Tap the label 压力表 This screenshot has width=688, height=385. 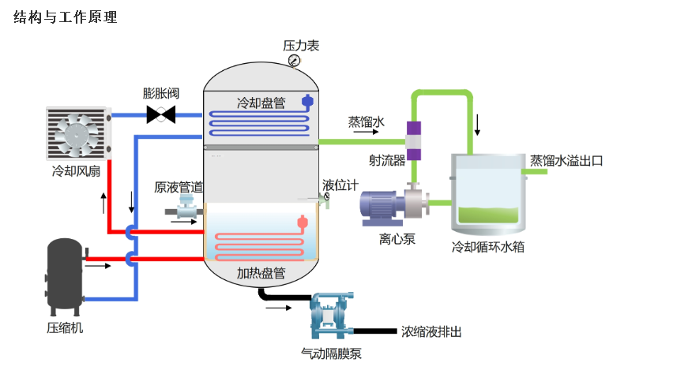click(x=301, y=46)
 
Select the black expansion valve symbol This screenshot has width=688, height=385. click(x=162, y=115)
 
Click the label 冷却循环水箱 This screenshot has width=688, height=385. click(x=487, y=247)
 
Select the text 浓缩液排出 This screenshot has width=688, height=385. click(x=430, y=331)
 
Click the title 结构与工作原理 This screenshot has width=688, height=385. click(x=66, y=17)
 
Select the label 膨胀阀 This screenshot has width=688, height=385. click(x=160, y=93)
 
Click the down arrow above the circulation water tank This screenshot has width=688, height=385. click(x=477, y=125)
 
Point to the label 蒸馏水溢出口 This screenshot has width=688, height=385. click(x=566, y=161)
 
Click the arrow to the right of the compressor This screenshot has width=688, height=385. click(x=98, y=266)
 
